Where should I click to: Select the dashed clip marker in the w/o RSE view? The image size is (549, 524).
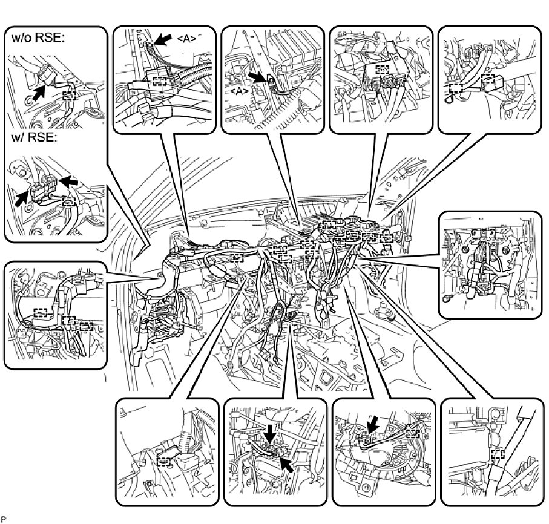(70, 95)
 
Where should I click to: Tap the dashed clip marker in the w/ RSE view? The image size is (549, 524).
(70, 200)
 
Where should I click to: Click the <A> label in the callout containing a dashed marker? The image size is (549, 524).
(187, 38)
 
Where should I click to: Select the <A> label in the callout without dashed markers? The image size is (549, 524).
(240, 90)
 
